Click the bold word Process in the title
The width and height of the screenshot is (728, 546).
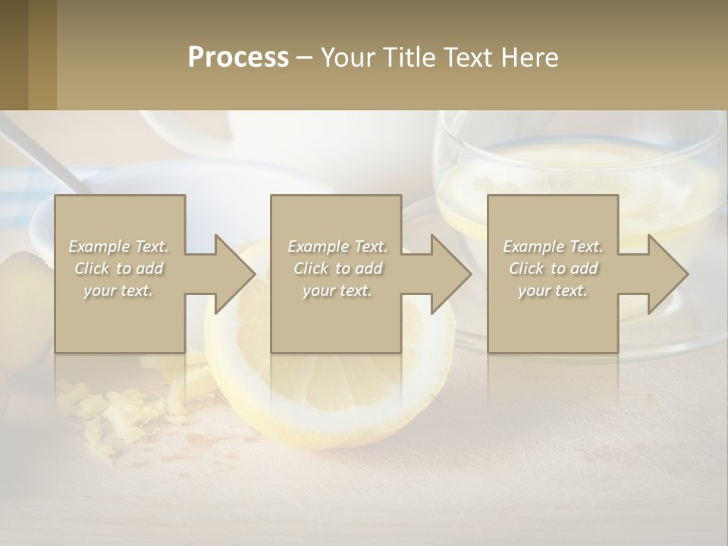coord(238,58)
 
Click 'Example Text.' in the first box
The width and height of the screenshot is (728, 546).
coord(119,246)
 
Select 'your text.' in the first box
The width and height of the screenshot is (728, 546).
coord(119,290)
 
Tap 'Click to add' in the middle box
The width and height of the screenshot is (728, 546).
coord(337,268)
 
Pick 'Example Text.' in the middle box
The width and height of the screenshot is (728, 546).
coord(337,246)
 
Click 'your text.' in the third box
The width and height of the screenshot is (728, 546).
coord(553,290)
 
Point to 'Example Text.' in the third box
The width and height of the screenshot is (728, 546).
coord(553,246)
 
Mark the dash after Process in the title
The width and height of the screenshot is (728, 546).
coord(305,58)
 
